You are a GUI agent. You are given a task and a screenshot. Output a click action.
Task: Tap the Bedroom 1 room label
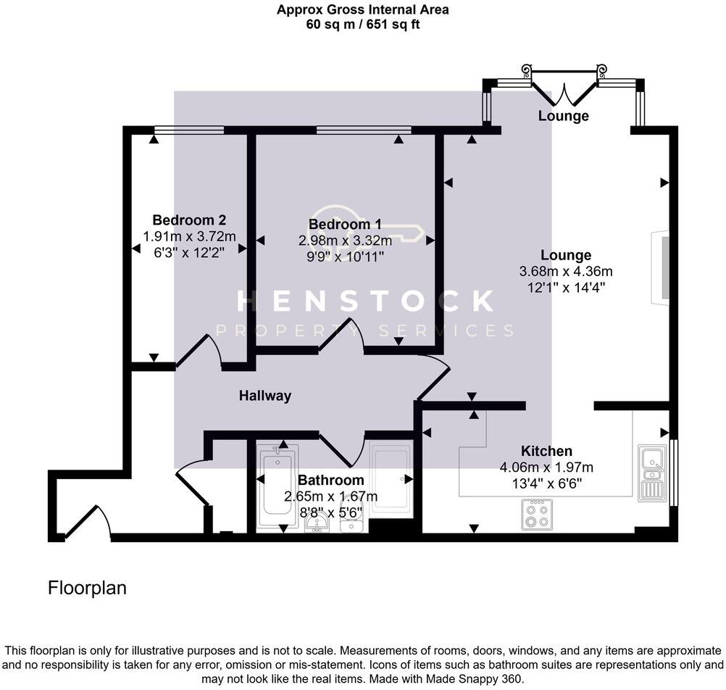click(345, 225)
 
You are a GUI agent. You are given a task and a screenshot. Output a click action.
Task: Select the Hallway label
click(265, 396)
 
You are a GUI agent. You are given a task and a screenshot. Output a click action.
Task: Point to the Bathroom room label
click(330, 481)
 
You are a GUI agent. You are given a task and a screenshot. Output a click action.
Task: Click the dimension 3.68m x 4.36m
click(566, 272)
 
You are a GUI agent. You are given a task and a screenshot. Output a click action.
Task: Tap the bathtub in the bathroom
click(277, 486)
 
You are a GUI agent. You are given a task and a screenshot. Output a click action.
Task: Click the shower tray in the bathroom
click(391, 478)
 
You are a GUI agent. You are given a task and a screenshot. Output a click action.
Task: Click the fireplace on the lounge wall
click(662, 265)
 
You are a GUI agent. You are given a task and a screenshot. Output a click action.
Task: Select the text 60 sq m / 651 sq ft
click(362, 24)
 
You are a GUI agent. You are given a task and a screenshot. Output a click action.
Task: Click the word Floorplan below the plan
click(87, 588)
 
